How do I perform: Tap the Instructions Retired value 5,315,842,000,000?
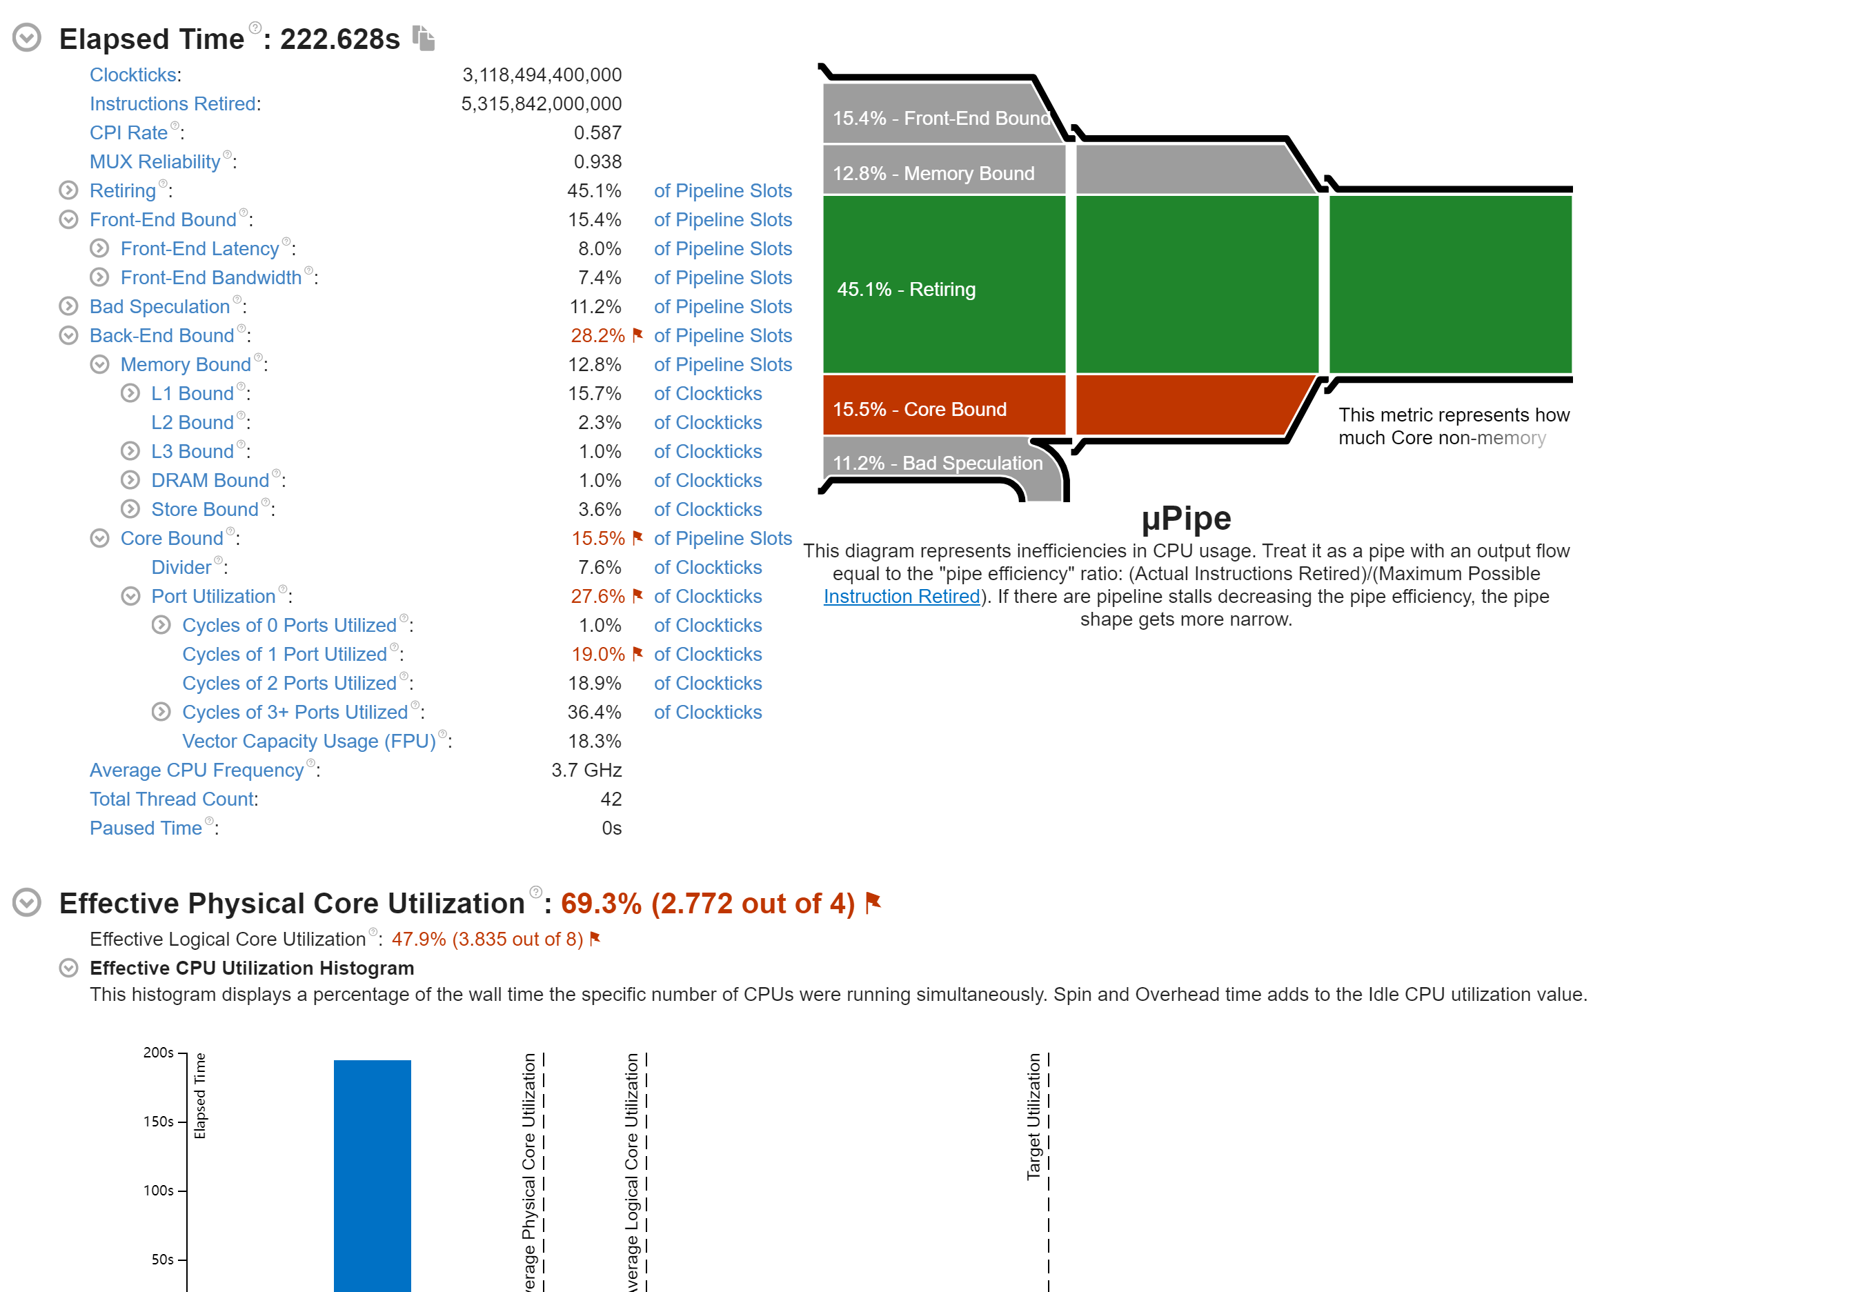point(541,103)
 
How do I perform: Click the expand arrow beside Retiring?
point(69,190)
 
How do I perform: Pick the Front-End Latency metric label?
point(199,248)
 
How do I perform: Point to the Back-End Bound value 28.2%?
point(597,335)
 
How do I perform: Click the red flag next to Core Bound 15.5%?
point(637,537)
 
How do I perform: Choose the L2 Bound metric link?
point(192,423)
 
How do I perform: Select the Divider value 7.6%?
point(599,568)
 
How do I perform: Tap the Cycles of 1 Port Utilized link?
point(284,654)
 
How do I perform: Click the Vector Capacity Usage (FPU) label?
point(308,742)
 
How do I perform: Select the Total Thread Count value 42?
point(611,799)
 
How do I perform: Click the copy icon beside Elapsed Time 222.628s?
point(424,37)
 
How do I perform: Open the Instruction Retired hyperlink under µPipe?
point(901,597)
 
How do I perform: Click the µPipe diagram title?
point(1185,518)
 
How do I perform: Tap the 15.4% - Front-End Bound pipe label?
point(940,118)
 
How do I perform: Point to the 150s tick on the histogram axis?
point(159,1121)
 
